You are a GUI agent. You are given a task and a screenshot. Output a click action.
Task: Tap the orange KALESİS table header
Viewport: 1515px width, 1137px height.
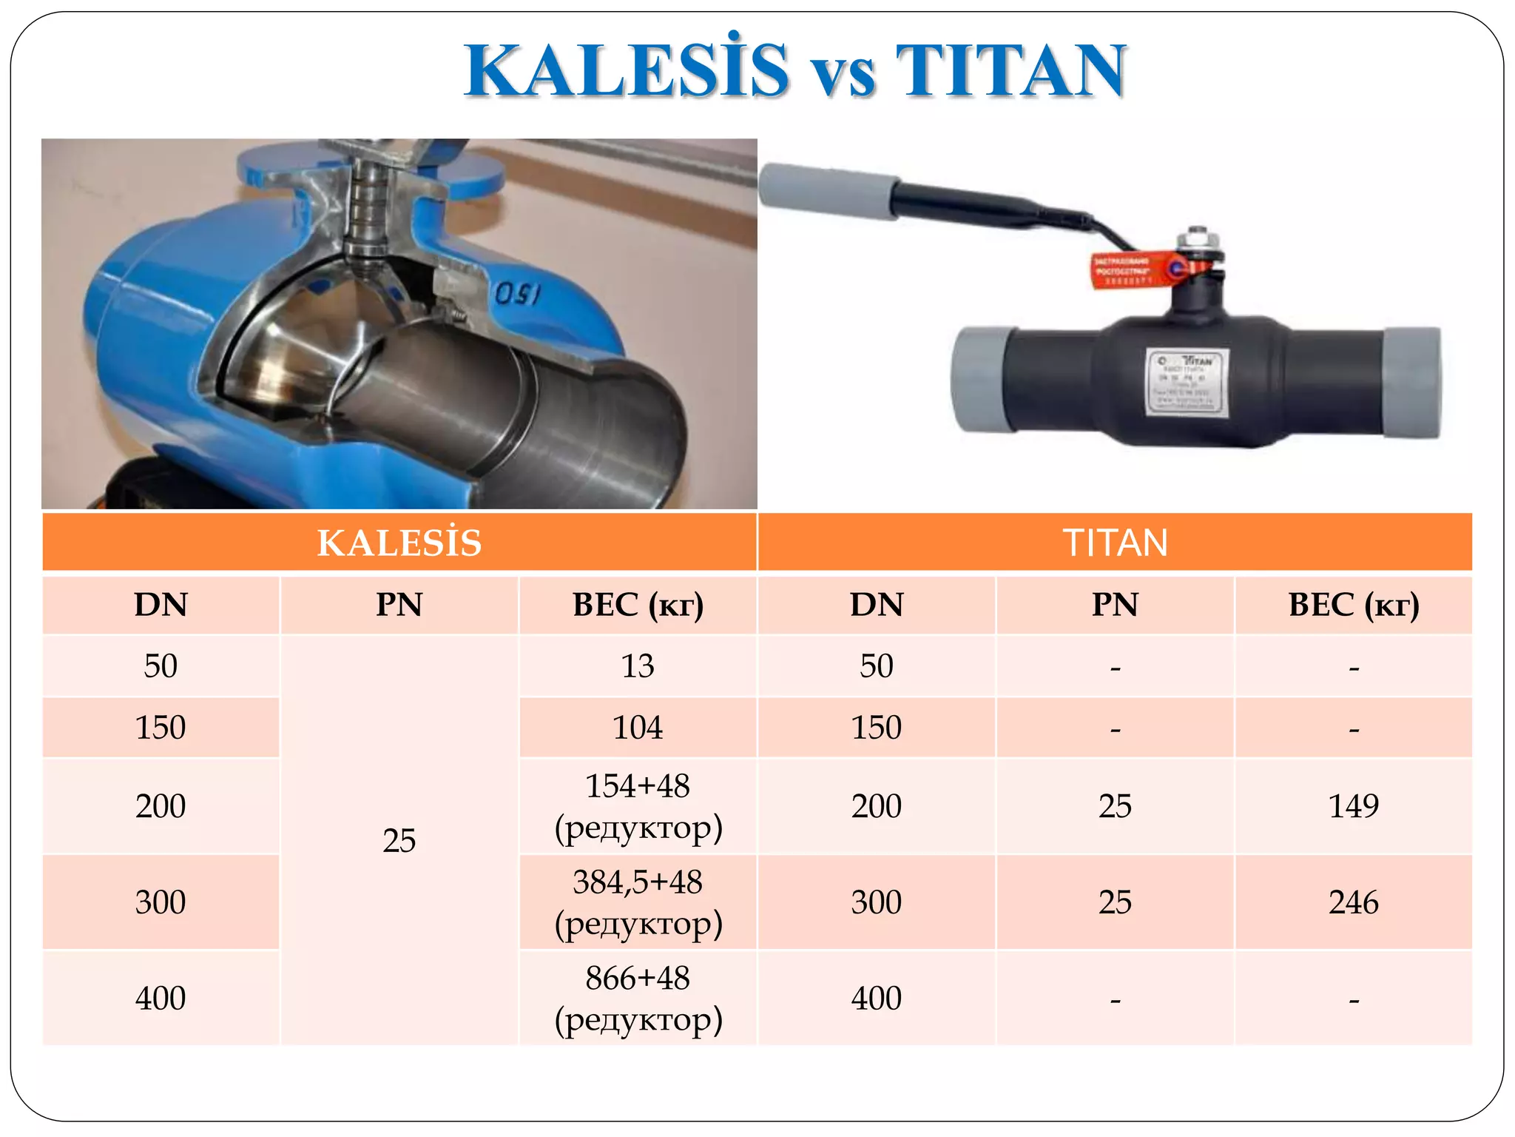pyautogui.click(x=399, y=543)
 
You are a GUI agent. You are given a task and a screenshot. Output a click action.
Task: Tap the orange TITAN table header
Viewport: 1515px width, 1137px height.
pyautogui.click(x=1115, y=543)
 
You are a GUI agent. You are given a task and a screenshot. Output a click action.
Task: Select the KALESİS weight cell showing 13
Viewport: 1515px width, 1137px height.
pyautogui.click(x=638, y=666)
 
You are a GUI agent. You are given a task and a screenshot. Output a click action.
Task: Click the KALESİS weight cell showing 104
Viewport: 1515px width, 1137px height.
pyautogui.click(x=638, y=728)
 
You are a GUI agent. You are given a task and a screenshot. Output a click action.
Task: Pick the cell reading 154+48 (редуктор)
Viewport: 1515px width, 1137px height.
pyautogui.click(x=638, y=806)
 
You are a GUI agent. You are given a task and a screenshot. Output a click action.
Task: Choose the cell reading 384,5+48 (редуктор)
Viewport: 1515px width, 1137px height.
pyautogui.click(x=638, y=902)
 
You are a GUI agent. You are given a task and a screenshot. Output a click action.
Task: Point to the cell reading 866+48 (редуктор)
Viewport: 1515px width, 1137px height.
pyautogui.click(x=638, y=999)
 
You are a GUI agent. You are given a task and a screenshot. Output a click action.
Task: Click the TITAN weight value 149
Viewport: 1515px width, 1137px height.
pyautogui.click(x=1353, y=806)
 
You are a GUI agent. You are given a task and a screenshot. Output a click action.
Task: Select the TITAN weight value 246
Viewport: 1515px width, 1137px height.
pyautogui.click(x=1353, y=902)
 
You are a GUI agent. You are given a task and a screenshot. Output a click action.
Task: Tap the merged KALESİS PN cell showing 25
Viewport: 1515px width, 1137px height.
pyautogui.click(x=399, y=841)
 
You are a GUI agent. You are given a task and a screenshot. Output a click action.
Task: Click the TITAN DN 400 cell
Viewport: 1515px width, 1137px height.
pyautogui.click(x=877, y=999)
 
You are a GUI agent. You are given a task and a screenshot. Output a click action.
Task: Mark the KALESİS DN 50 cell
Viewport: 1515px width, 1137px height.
pyautogui.click(x=161, y=666)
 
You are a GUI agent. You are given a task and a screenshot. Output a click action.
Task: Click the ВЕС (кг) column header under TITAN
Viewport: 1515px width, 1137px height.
pyautogui.click(x=1353, y=605)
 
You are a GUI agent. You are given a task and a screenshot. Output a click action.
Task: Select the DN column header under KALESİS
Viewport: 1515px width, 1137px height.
pyautogui.click(x=161, y=605)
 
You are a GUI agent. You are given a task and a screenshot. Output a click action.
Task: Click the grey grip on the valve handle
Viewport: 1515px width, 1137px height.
pyautogui.click(x=829, y=192)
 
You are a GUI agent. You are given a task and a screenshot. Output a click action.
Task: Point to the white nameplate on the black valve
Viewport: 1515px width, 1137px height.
pyautogui.click(x=1188, y=382)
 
